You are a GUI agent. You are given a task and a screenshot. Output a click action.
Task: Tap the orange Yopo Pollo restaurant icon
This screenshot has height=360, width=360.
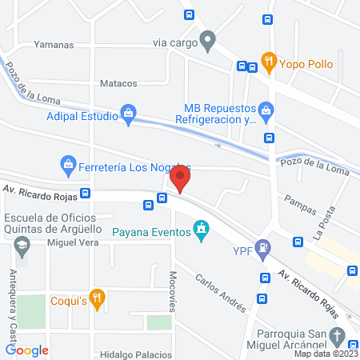coord(269,59)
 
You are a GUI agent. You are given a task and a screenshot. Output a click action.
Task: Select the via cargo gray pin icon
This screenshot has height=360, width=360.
coord(208,39)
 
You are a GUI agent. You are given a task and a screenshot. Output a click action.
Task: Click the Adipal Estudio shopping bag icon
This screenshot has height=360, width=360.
coord(128,115)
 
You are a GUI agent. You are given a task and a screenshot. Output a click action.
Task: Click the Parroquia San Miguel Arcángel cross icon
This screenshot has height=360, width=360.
coord(337,336)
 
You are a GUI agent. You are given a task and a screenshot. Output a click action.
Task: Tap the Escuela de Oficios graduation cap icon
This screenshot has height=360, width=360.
coord(22,245)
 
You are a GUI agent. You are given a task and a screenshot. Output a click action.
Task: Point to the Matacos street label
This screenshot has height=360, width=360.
coord(118,83)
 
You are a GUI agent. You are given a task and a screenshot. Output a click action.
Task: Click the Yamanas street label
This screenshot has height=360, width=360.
coord(55,45)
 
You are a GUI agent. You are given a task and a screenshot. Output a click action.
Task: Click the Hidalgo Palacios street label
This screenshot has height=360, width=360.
coord(136,354)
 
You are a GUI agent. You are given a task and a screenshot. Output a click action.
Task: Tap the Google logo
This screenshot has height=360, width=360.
coord(27,350)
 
